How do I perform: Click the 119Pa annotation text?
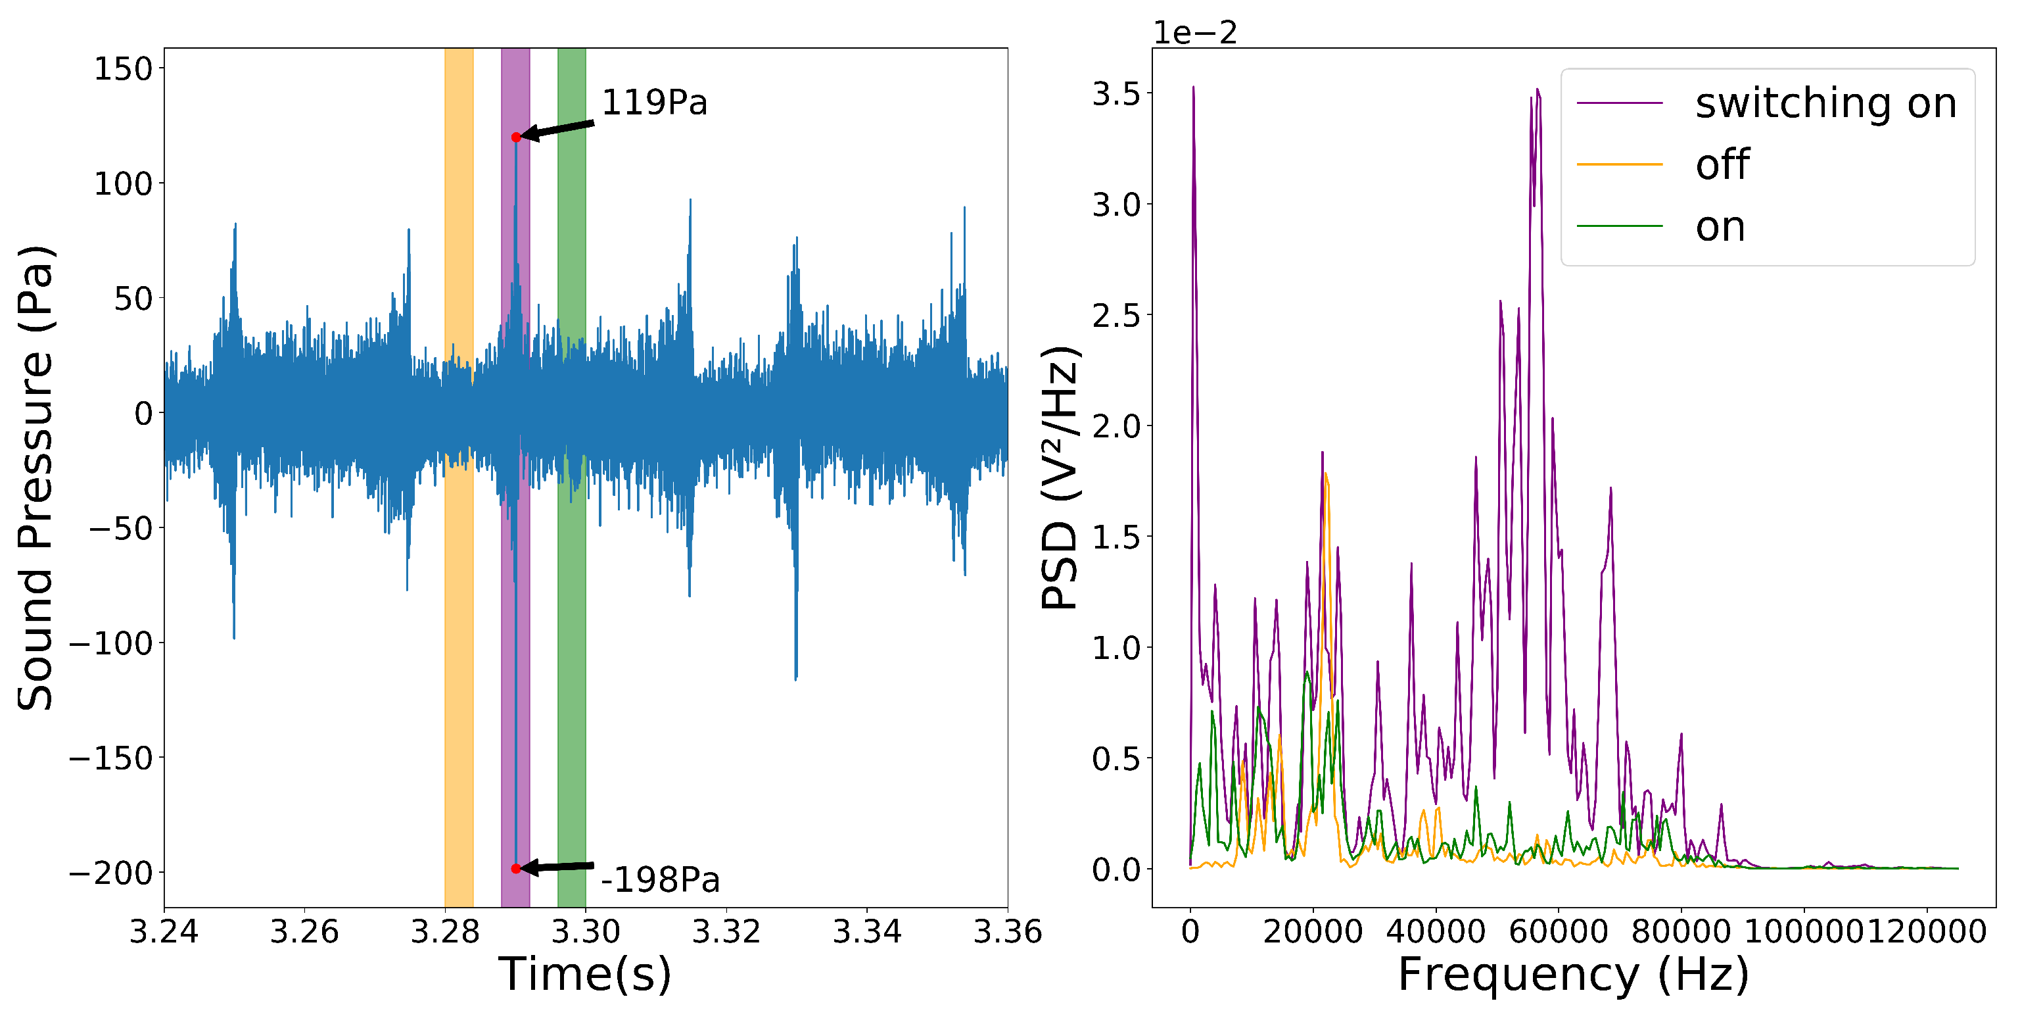[x=654, y=103]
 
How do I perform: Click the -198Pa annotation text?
[x=659, y=879]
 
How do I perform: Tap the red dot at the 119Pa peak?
[x=516, y=137]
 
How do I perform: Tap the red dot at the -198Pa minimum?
[x=516, y=868]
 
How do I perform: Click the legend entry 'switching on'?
[x=1825, y=103]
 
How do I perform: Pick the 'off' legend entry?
[x=1722, y=164]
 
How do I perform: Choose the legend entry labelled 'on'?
[x=1720, y=227]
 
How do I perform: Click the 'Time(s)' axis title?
[x=585, y=974]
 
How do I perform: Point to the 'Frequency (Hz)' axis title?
[x=1573, y=974]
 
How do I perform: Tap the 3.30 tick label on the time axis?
[x=586, y=932]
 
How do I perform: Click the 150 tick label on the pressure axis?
[x=123, y=69]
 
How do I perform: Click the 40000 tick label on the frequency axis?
[x=1436, y=932]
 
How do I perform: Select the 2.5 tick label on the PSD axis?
[x=1116, y=315]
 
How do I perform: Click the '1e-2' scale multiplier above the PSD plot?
[x=1194, y=33]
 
